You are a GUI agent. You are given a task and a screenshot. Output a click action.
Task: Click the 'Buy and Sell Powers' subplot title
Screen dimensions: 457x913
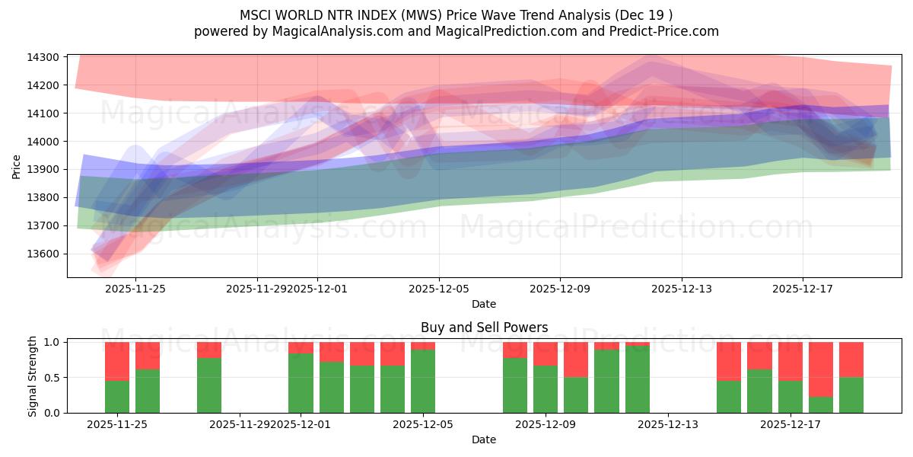(484, 328)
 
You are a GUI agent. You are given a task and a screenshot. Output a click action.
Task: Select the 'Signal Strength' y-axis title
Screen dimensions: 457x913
(32, 377)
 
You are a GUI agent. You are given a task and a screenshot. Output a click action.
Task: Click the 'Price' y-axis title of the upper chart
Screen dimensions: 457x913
(17, 166)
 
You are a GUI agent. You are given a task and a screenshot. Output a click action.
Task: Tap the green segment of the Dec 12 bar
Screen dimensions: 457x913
(638, 379)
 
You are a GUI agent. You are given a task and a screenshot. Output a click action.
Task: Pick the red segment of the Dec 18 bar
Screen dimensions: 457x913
(821, 369)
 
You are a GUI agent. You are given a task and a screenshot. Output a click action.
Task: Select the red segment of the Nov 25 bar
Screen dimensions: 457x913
(148, 356)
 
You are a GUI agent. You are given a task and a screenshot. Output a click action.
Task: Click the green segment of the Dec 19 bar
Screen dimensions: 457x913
(851, 395)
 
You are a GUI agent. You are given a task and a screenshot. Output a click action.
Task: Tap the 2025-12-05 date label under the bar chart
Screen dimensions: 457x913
(423, 424)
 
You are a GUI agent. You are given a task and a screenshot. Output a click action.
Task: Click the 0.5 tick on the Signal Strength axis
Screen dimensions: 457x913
(52, 378)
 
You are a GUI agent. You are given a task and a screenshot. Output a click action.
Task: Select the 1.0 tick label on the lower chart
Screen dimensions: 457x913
(52, 343)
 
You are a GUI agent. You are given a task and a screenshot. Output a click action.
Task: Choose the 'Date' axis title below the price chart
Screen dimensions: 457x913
(484, 304)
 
